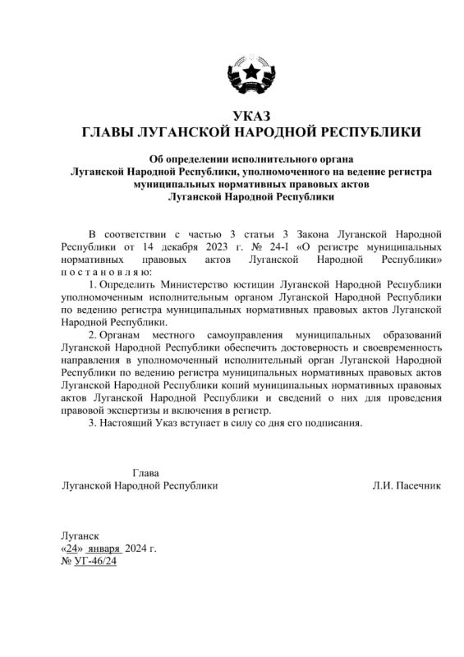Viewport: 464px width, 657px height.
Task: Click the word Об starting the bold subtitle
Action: tap(155, 159)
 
